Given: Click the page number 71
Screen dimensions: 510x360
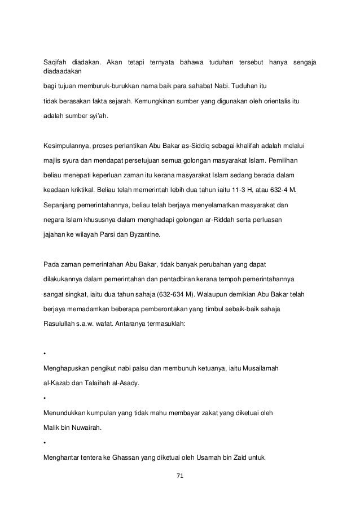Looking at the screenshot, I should [x=180, y=476].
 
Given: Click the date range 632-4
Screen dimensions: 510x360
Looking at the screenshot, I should [x=279, y=186].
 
